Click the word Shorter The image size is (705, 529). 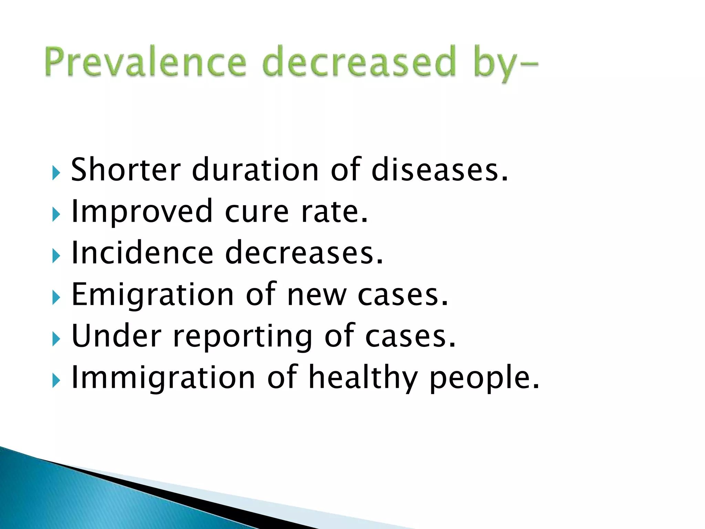(126, 169)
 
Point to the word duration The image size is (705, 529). (255, 169)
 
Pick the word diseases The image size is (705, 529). (439, 169)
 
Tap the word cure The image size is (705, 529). (257, 211)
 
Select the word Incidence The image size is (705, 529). (142, 253)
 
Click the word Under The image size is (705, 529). (116, 336)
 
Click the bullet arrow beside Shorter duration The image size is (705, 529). (56, 173)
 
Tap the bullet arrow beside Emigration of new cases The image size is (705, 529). (56, 298)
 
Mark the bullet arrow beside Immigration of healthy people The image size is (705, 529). (56, 381)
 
